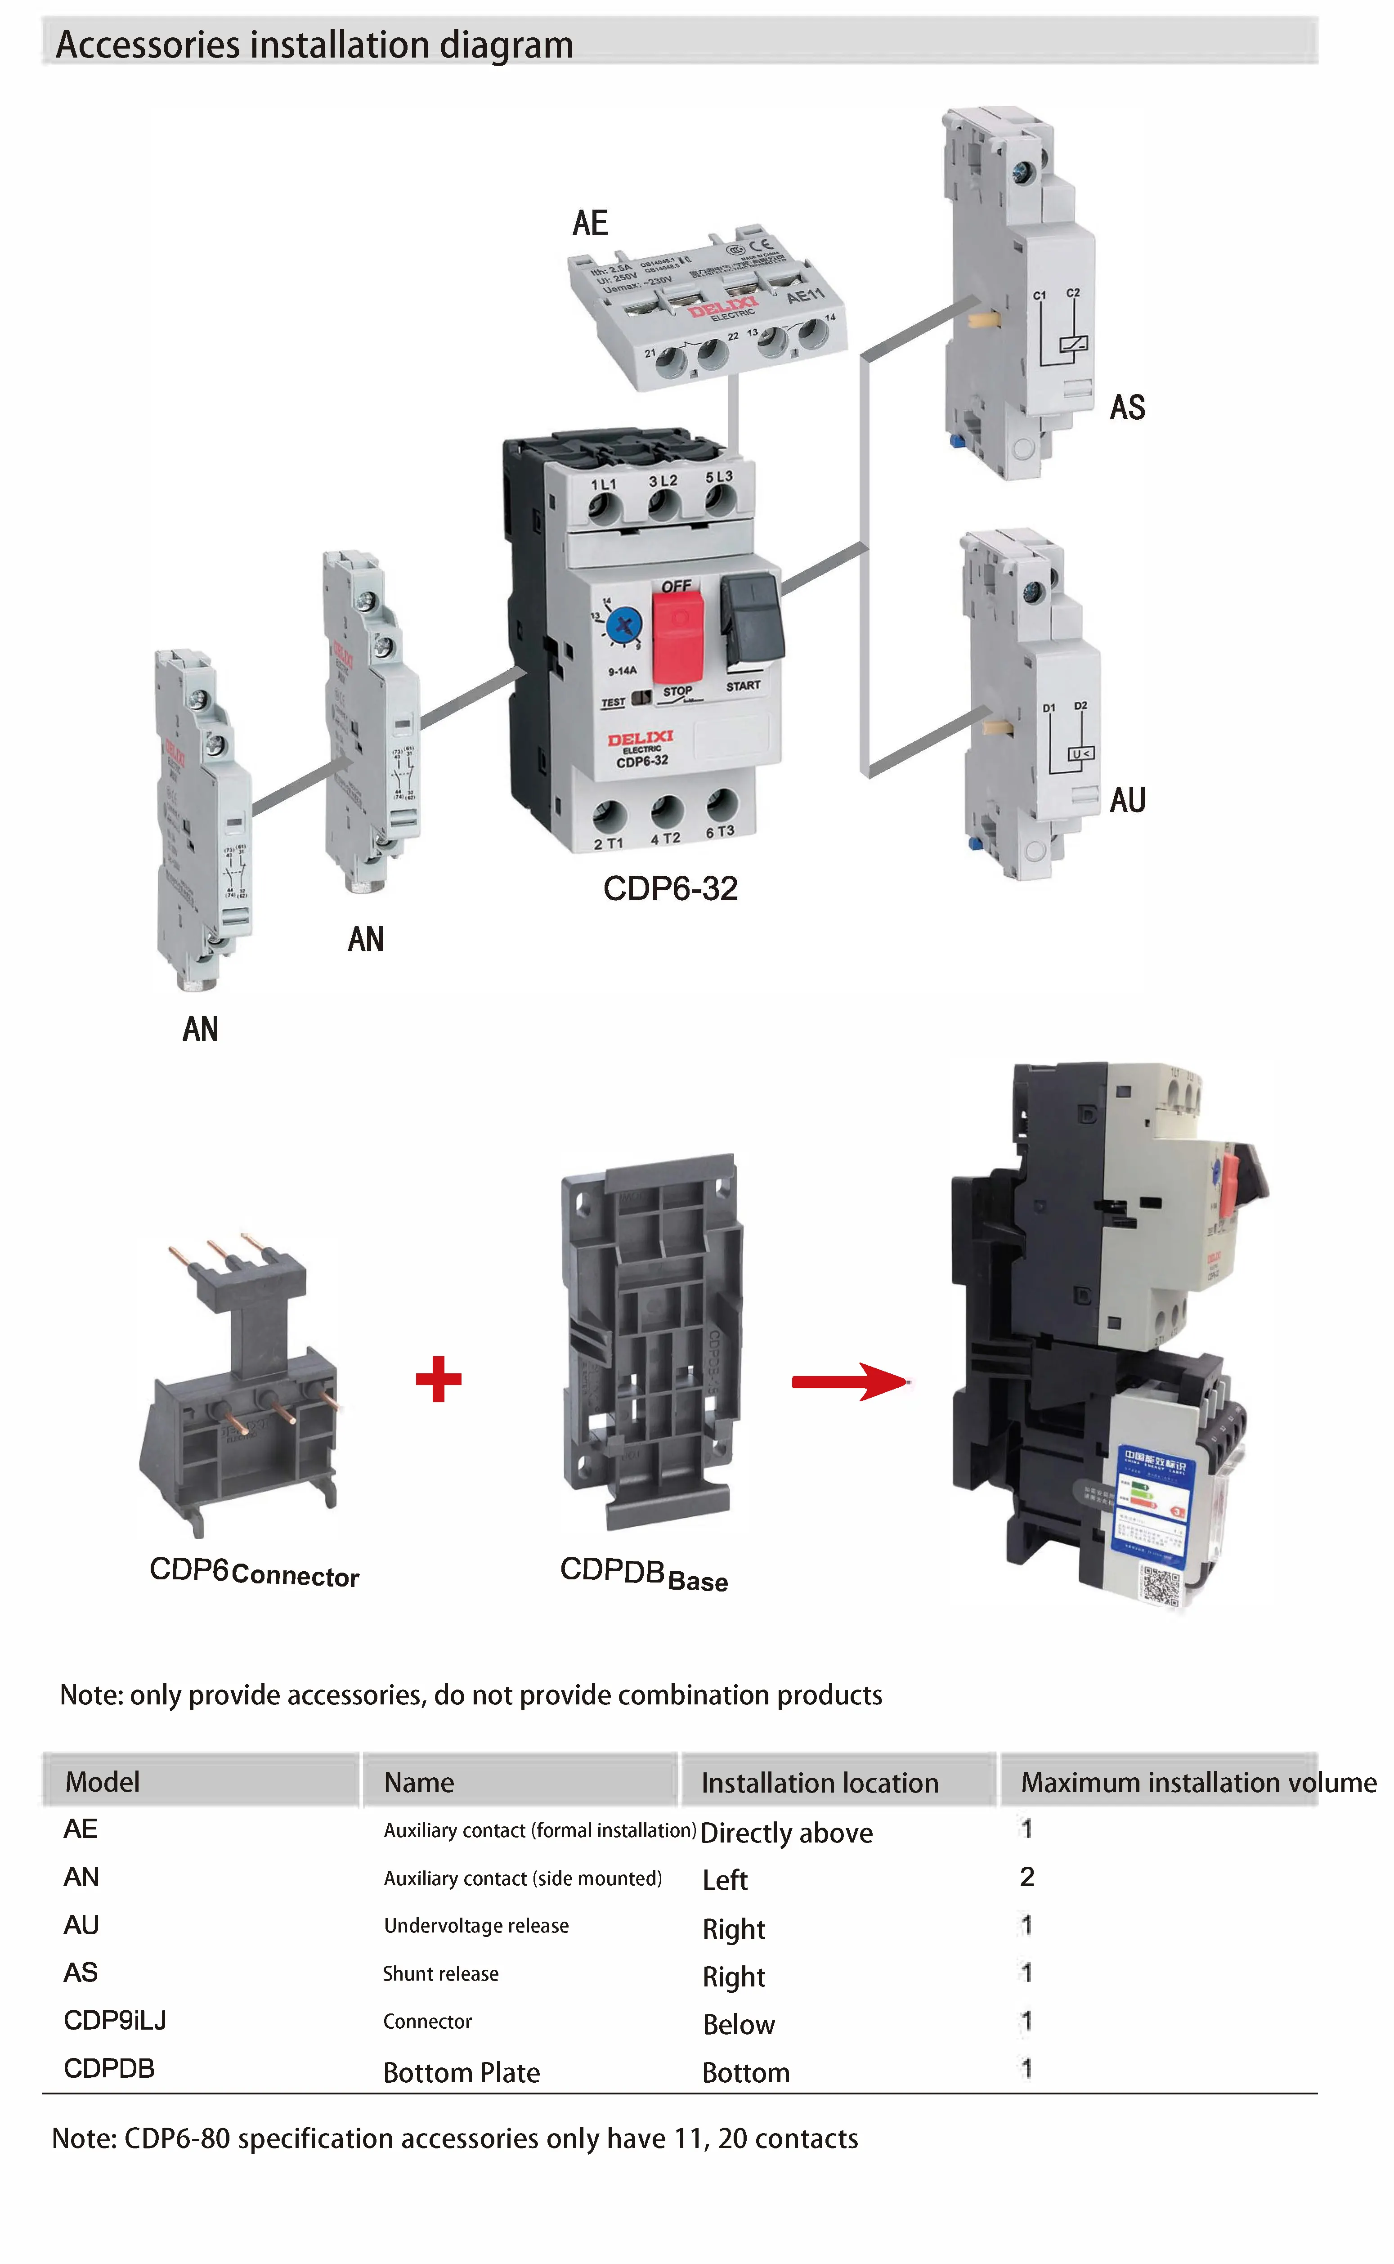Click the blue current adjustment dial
pos(624,626)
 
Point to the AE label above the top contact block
pos(590,223)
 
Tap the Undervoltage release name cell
pos(476,1926)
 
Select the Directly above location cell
pos(786,1833)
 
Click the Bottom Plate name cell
pos(461,2072)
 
